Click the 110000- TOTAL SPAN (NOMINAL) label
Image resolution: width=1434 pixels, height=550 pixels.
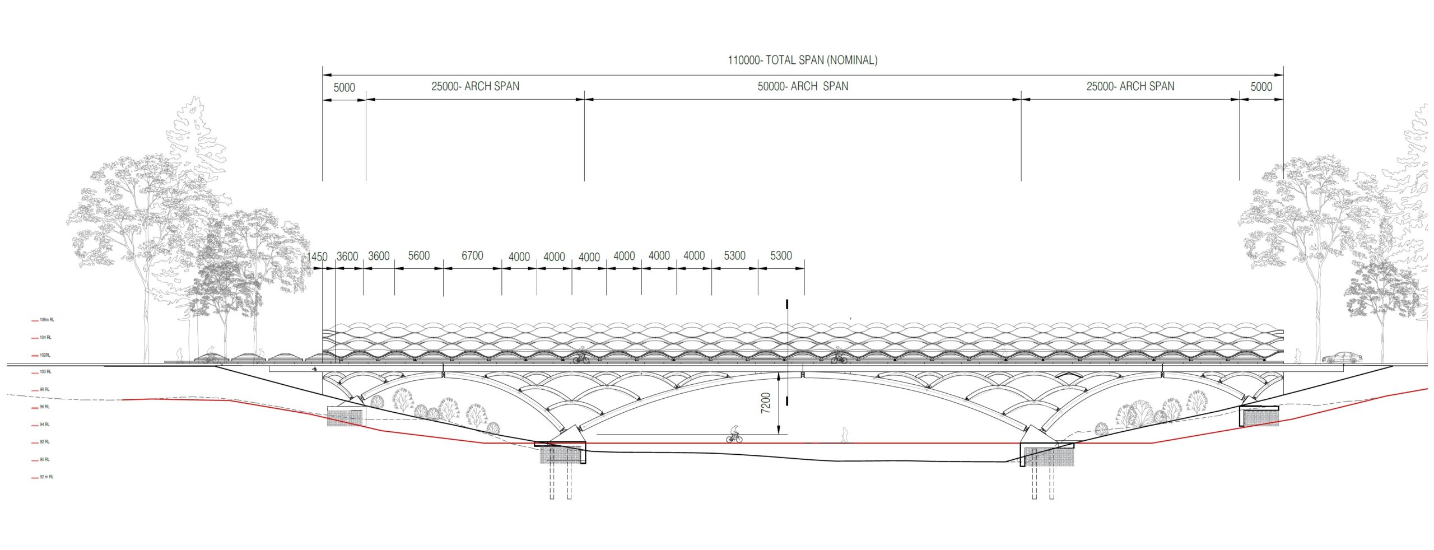(x=802, y=60)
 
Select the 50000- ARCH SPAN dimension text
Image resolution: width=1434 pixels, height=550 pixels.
(x=803, y=86)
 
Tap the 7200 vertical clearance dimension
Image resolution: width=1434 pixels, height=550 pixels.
(x=766, y=403)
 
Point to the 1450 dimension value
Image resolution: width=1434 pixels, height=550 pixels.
(x=317, y=257)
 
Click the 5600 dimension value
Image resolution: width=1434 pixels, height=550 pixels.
(x=418, y=255)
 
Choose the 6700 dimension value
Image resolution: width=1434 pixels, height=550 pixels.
(x=472, y=255)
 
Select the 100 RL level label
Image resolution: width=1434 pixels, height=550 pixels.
(x=45, y=372)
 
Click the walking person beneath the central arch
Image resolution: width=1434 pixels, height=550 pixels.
(x=844, y=435)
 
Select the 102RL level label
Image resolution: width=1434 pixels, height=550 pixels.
(x=45, y=355)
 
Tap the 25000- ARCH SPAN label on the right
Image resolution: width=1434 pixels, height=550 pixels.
(x=1130, y=86)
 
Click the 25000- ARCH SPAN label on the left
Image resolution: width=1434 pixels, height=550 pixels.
(x=475, y=86)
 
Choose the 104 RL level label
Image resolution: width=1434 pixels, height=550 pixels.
(x=45, y=338)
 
